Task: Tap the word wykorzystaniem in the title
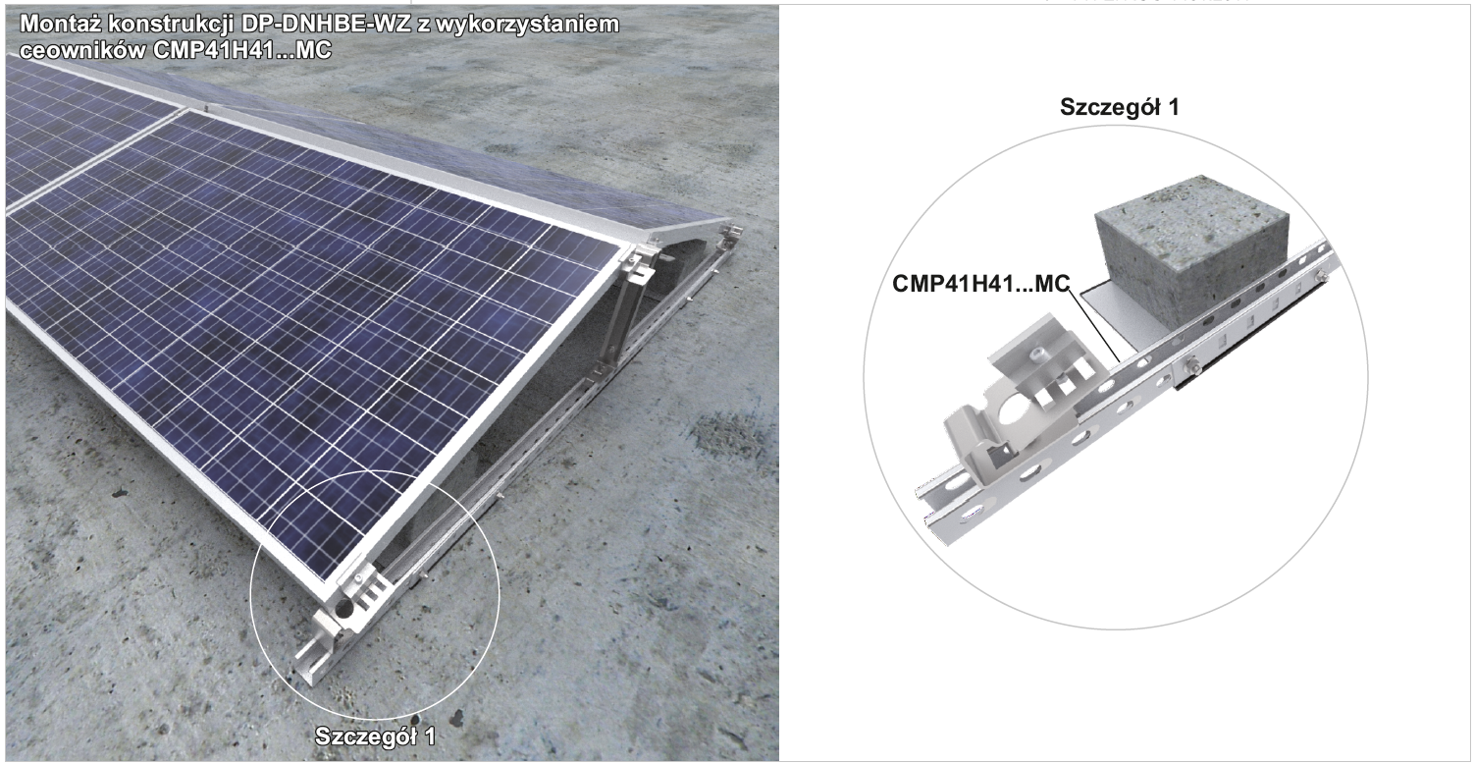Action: (x=527, y=26)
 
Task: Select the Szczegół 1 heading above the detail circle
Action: (x=1119, y=107)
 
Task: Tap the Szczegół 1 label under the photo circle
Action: (x=375, y=737)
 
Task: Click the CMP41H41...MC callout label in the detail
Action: (x=981, y=284)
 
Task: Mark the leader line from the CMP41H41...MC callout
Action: (x=1094, y=326)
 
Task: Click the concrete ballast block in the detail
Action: (x=1191, y=250)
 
